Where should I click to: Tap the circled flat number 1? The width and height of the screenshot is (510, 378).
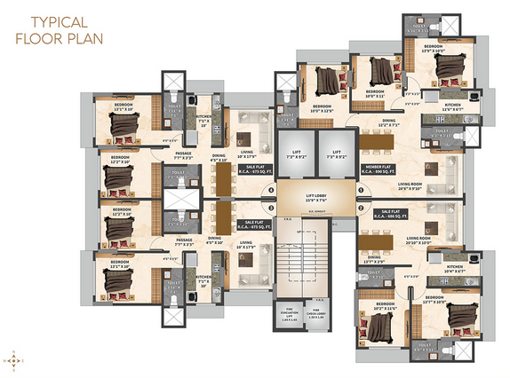point(361,190)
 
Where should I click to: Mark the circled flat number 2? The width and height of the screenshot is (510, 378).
point(361,209)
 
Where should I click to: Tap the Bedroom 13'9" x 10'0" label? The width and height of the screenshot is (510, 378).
point(434,48)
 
